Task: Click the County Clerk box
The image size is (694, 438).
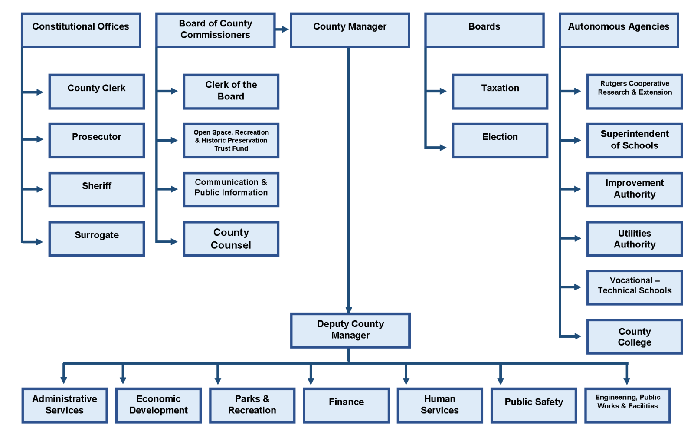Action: click(96, 92)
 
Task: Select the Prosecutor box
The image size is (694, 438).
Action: click(96, 141)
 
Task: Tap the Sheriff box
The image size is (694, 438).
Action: click(96, 190)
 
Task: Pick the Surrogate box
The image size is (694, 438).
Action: click(96, 239)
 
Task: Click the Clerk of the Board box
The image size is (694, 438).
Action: click(231, 92)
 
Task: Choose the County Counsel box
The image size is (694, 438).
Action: click(231, 239)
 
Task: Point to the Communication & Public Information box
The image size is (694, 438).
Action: click(231, 190)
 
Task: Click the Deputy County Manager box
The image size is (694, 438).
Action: click(350, 330)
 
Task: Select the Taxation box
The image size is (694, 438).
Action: click(500, 92)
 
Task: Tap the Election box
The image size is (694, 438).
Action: click(500, 141)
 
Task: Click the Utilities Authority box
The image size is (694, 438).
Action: click(634, 239)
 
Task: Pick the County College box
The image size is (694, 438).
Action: click(634, 337)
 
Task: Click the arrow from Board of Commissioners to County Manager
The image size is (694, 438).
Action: click(283, 30)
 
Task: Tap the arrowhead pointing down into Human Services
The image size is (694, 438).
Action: click(406, 381)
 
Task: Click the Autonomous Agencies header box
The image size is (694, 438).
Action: click(619, 30)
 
